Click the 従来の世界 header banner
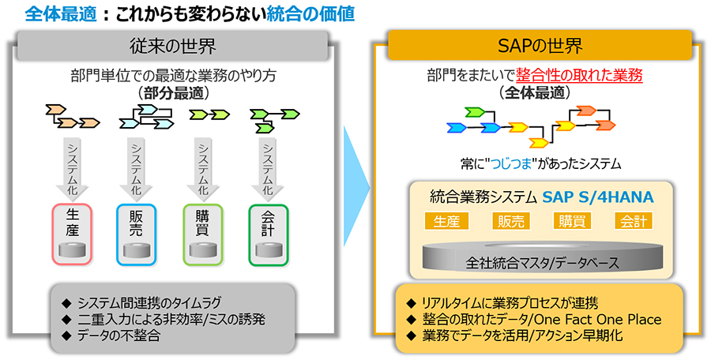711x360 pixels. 172,46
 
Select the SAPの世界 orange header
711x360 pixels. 540,45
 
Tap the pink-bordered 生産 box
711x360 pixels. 72,234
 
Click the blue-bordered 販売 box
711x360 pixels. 136,234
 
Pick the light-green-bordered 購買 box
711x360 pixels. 202,234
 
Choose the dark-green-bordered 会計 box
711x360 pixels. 268,234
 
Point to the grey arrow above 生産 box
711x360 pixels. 72,167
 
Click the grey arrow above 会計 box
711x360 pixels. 268,167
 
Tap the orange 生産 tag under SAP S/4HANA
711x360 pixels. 446,221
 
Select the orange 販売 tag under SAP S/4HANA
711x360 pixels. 511,221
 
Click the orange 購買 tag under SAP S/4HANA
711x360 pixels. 572,221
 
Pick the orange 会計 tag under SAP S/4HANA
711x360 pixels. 634,221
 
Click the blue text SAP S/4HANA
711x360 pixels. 598,197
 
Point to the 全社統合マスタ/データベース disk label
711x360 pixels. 543,263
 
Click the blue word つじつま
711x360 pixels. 513,163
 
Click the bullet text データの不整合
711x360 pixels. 118,336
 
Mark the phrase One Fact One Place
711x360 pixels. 598,319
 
